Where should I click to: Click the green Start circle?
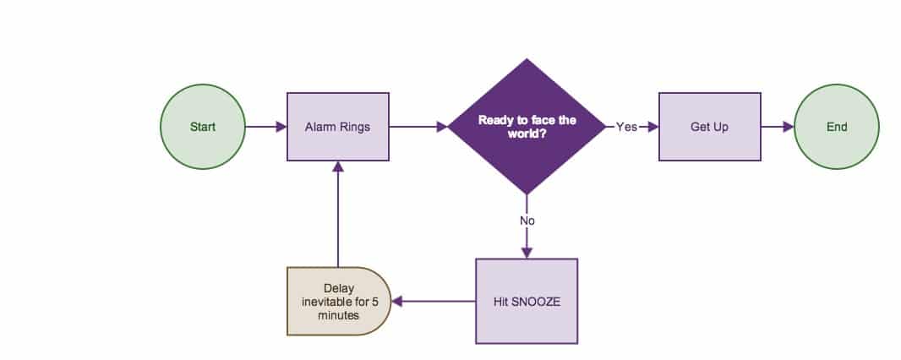pos(202,127)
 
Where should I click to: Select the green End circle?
pos(837,127)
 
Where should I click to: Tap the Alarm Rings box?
pos(337,127)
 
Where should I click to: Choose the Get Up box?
pos(709,127)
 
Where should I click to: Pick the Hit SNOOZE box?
pos(527,301)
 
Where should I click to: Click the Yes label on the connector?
pos(626,127)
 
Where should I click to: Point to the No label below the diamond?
pos(527,221)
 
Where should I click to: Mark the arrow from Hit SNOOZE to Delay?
pos(434,301)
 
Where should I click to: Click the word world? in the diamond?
pos(527,134)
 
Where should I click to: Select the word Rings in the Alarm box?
pos(353,127)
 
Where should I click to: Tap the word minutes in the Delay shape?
pos(338,315)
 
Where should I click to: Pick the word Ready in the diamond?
pos(496,120)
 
